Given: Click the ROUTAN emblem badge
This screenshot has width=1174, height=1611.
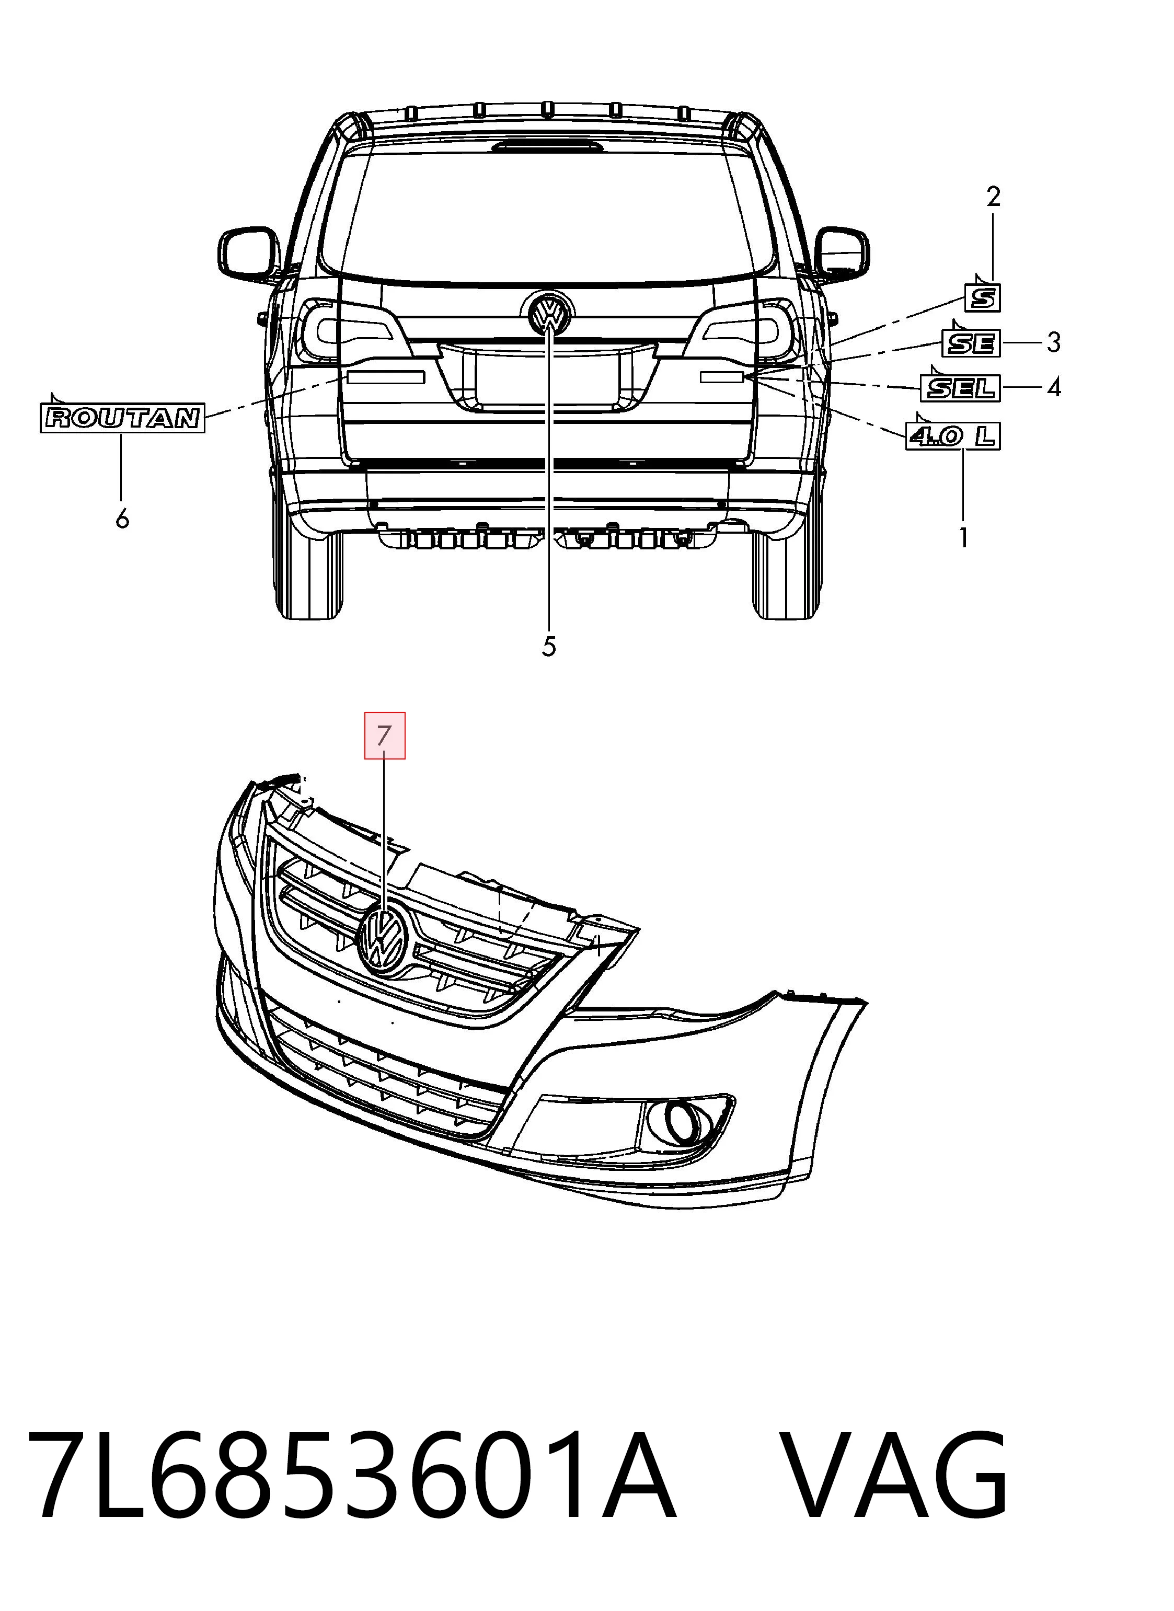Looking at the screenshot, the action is [122, 418].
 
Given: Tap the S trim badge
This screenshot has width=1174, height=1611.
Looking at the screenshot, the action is [983, 297].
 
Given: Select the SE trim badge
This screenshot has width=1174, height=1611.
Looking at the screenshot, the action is [971, 343].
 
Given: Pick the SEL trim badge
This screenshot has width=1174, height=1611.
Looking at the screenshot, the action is [960, 388].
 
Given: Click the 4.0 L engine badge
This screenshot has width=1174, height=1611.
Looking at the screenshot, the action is [953, 435].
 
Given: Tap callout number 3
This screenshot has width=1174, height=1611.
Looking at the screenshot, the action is [1054, 342].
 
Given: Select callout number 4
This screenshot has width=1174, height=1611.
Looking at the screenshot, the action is [1054, 387].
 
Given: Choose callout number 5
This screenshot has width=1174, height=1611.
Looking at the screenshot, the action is [549, 646].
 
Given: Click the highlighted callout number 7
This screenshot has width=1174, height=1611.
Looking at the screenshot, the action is [385, 735].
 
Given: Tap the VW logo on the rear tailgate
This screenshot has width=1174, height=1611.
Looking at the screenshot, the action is [550, 313].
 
